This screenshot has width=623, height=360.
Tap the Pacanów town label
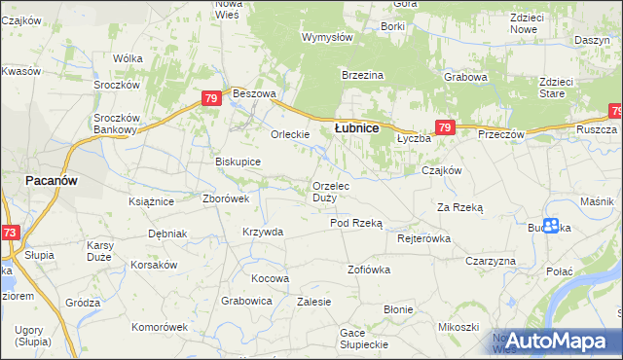pos(51,181)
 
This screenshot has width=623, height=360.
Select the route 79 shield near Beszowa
pos(210,98)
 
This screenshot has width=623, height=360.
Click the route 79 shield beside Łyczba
pos(444,127)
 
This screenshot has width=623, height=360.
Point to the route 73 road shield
pos(9,233)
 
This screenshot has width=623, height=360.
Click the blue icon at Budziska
pos(551,226)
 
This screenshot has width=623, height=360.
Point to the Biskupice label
pos(238,162)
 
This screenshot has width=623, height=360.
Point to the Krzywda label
pos(263,232)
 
